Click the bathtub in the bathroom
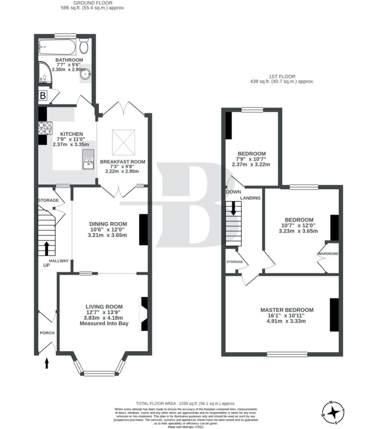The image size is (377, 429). click(57, 47)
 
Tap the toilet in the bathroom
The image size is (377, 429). click(84, 47)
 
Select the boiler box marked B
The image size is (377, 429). click(42, 96)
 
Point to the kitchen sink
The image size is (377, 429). click(88, 159)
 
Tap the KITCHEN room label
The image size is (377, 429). click(71, 134)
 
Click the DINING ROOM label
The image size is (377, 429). click(108, 224)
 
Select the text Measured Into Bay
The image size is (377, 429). click(104, 323)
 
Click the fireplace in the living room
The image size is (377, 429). click(143, 314)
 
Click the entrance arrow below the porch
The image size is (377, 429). click(46, 363)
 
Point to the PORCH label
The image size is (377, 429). click(47, 333)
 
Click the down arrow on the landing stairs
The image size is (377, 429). click(233, 208)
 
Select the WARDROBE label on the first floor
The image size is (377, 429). click(327, 254)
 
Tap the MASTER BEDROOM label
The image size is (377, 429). click(287, 310)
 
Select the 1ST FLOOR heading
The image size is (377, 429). click(281, 76)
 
